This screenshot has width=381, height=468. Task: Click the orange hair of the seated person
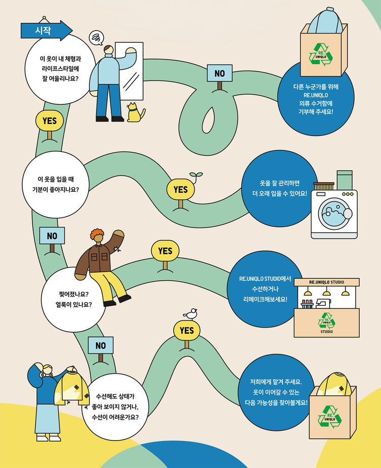pyautogui.click(x=97, y=235)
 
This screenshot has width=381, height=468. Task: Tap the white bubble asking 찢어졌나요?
pyautogui.click(x=77, y=300)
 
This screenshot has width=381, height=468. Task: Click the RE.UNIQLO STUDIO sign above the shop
pyautogui.click(x=326, y=282)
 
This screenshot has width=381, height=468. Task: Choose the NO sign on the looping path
pyautogui.click(x=219, y=73)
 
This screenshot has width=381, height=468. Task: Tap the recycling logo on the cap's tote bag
pyautogui.click(x=324, y=55)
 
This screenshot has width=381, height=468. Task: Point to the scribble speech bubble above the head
pyautogui.click(x=96, y=37)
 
